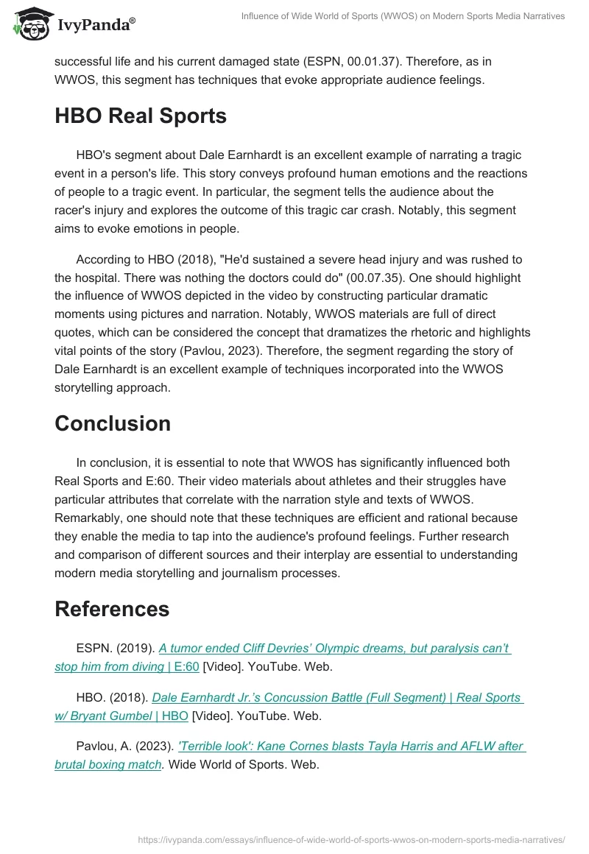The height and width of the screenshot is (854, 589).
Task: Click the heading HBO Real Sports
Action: click(x=141, y=116)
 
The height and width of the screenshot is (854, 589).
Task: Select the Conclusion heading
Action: click(x=113, y=423)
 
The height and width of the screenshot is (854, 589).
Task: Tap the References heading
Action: click(x=112, y=609)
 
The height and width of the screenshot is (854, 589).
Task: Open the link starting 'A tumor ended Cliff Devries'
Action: click(x=335, y=649)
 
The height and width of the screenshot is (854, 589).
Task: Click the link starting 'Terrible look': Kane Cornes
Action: click(x=341, y=746)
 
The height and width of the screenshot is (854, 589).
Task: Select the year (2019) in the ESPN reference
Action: click(x=139, y=649)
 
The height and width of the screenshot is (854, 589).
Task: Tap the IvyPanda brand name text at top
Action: click(x=96, y=25)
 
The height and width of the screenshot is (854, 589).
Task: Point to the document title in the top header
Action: click(x=403, y=16)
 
